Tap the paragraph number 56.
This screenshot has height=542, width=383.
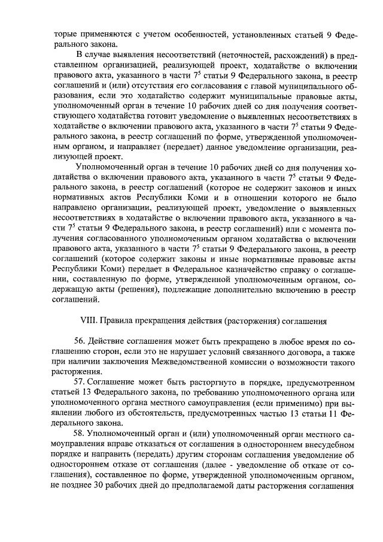click(80, 341)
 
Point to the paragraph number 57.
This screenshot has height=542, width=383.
click(80, 381)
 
